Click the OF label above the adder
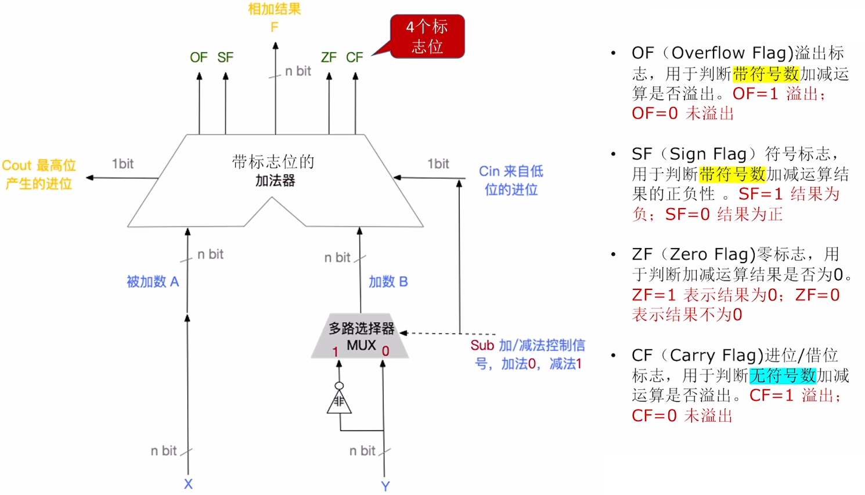[199, 58]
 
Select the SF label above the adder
[225, 58]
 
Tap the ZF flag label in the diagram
[329, 58]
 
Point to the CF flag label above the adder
[354, 58]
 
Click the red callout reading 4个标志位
[427, 37]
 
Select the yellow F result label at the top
[275, 27]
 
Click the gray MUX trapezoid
[361, 337]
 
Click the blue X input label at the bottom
[188, 484]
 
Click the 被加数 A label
[153, 282]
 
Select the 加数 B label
[388, 282]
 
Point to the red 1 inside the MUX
[335, 351]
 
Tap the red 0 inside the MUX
[385, 351]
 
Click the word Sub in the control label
[482, 346]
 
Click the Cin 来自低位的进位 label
[511, 180]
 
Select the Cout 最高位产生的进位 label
[39, 174]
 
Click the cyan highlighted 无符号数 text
[783, 376]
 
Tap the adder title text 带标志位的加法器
[273, 171]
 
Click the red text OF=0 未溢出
[683, 113]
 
